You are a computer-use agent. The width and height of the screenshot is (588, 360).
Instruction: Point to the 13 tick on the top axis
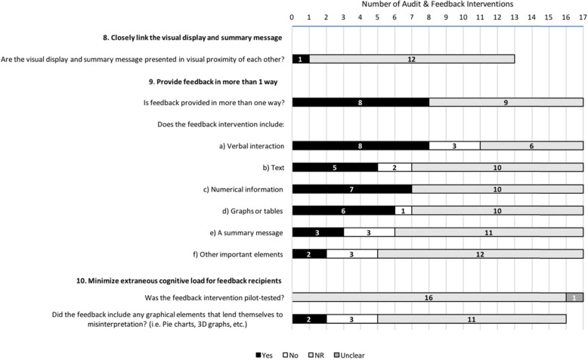pos(515,17)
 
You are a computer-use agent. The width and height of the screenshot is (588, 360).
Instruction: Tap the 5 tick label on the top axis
pos(378,17)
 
